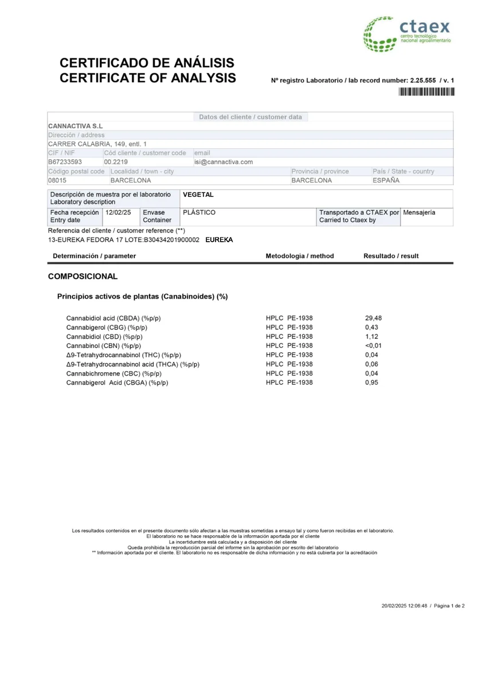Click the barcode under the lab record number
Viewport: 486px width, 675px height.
(x=426, y=92)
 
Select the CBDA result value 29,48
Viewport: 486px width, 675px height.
(x=373, y=318)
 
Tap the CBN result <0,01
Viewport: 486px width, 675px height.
(x=373, y=346)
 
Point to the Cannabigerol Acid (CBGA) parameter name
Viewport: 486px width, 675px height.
(x=117, y=382)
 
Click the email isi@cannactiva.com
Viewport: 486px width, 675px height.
(x=224, y=162)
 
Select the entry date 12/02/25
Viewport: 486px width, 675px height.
(x=119, y=212)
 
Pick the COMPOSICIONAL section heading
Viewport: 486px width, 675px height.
(x=83, y=277)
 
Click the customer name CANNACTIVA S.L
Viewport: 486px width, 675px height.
(x=76, y=126)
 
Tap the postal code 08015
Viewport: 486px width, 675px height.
(x=57, y=180)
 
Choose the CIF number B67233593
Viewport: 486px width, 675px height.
(x=65, y=162)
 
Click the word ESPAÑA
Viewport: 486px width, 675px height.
(x=386, y=180)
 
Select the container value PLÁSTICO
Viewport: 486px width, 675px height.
(x=199, y=212)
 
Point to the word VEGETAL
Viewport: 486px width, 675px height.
(x=198, y=195)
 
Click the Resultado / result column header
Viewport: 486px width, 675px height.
(x=391, y=256)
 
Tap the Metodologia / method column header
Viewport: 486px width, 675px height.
(x=299, y=256)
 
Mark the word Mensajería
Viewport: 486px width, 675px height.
(x=419, y=212)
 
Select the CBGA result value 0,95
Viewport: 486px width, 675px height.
(x=371, y=382)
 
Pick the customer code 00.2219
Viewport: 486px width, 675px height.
(x=116, y=162)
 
